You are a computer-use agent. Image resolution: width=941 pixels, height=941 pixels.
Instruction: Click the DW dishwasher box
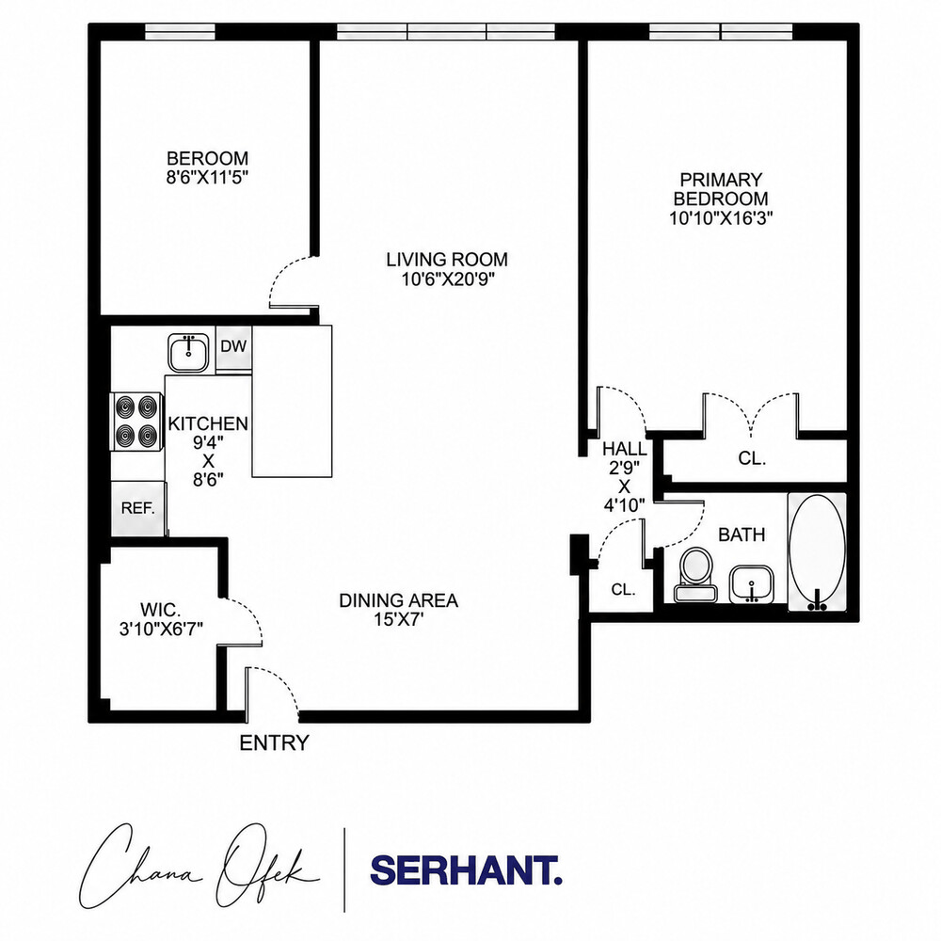233,349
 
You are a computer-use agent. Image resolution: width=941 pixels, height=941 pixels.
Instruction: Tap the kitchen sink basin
188,353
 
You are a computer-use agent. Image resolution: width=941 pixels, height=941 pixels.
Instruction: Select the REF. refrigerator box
138,508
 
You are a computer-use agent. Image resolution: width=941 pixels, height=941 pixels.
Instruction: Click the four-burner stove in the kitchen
136,421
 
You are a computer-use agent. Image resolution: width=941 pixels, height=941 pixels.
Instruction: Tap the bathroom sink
751,584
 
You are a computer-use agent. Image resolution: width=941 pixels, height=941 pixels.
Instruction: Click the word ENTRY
274,743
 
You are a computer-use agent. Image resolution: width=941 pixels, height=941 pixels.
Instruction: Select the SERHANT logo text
467,869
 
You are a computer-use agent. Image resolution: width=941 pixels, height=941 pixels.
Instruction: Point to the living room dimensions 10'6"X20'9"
447,279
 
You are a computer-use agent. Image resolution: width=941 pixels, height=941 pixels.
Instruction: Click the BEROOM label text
207,158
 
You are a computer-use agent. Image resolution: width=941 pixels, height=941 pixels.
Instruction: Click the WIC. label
160,610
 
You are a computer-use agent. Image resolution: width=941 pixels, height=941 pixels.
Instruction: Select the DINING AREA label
398,600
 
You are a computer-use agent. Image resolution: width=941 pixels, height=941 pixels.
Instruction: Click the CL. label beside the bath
623,589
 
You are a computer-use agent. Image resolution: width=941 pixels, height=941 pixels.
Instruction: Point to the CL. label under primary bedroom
752,458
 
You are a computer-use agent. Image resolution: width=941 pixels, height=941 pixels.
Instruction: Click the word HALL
625,449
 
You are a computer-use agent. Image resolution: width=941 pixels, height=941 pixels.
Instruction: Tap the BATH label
742,534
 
